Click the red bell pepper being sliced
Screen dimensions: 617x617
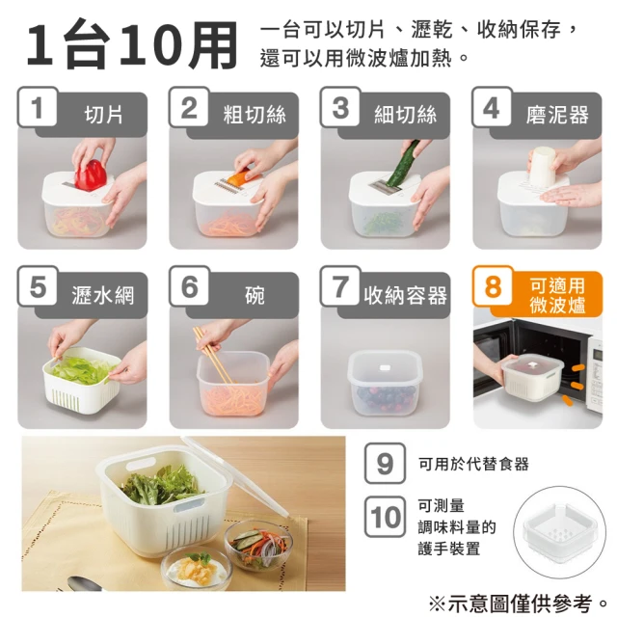coord(91,175)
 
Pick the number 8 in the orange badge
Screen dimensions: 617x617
coord(493,286)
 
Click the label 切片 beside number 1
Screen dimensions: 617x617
coord(103,115)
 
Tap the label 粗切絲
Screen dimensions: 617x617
coord(255,115)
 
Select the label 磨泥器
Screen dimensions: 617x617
coord(557,115)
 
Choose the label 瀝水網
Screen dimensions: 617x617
coord(103,295)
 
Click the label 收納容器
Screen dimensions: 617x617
coord(405,295)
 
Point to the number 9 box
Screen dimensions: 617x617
coord(385,463)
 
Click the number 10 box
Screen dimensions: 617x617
coord(385,517)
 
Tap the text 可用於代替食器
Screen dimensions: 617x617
coord(473,464)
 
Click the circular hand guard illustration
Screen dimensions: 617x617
coord(559,532)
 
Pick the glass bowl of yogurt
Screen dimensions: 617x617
coord(197,568)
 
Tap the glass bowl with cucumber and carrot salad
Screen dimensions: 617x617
coord(258,544)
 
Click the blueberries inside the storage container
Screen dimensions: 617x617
coord(386,396)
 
